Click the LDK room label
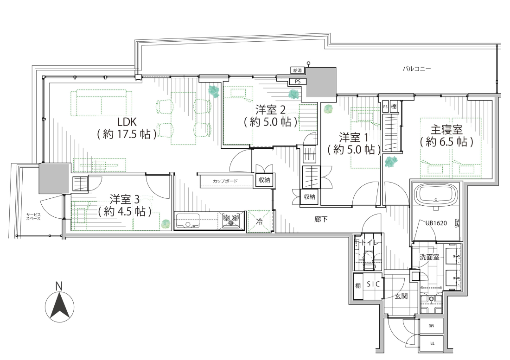127,122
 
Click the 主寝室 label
446,130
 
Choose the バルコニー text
417,69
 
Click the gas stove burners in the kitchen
233,220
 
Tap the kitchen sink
188,221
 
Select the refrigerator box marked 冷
259,222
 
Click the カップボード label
225,181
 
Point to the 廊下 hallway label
321,219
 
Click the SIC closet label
373,284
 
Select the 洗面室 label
429,257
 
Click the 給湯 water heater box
298,70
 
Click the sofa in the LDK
102,103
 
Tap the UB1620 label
436,223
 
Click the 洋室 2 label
270,109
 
